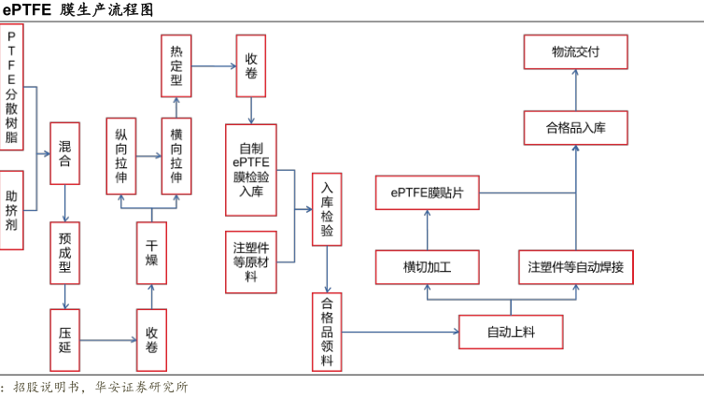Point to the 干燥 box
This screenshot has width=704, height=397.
151,250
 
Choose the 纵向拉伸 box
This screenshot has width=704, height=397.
121,155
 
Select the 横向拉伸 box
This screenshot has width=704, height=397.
176,155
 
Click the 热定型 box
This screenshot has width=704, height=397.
176,67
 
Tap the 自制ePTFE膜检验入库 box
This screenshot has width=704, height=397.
251,169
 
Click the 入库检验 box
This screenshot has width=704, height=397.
327,208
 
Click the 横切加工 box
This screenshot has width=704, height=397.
427,267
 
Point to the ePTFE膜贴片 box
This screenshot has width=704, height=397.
427,192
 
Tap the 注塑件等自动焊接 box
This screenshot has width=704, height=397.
575,267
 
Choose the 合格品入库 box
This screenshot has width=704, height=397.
575,128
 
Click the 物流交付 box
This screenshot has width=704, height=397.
575,53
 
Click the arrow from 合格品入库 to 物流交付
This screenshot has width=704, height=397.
575,91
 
